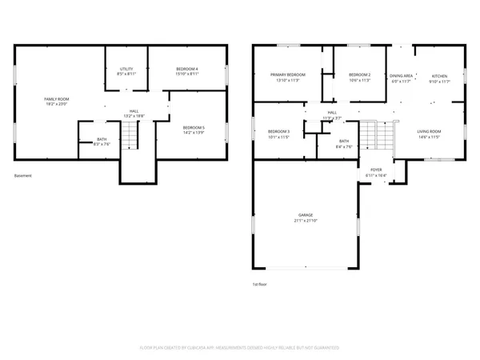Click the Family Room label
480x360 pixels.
coord(55,98)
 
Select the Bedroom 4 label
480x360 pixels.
coord(187,70)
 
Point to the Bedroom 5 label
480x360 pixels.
coord(194,128)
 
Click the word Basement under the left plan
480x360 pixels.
coord(23,175)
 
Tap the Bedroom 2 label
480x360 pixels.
coord(358,74)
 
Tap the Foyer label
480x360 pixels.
coord(374,170)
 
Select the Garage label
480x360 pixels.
coord(306,215)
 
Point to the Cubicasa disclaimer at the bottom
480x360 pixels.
coord(239,348)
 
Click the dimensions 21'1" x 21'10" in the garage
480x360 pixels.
coord(306,221)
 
